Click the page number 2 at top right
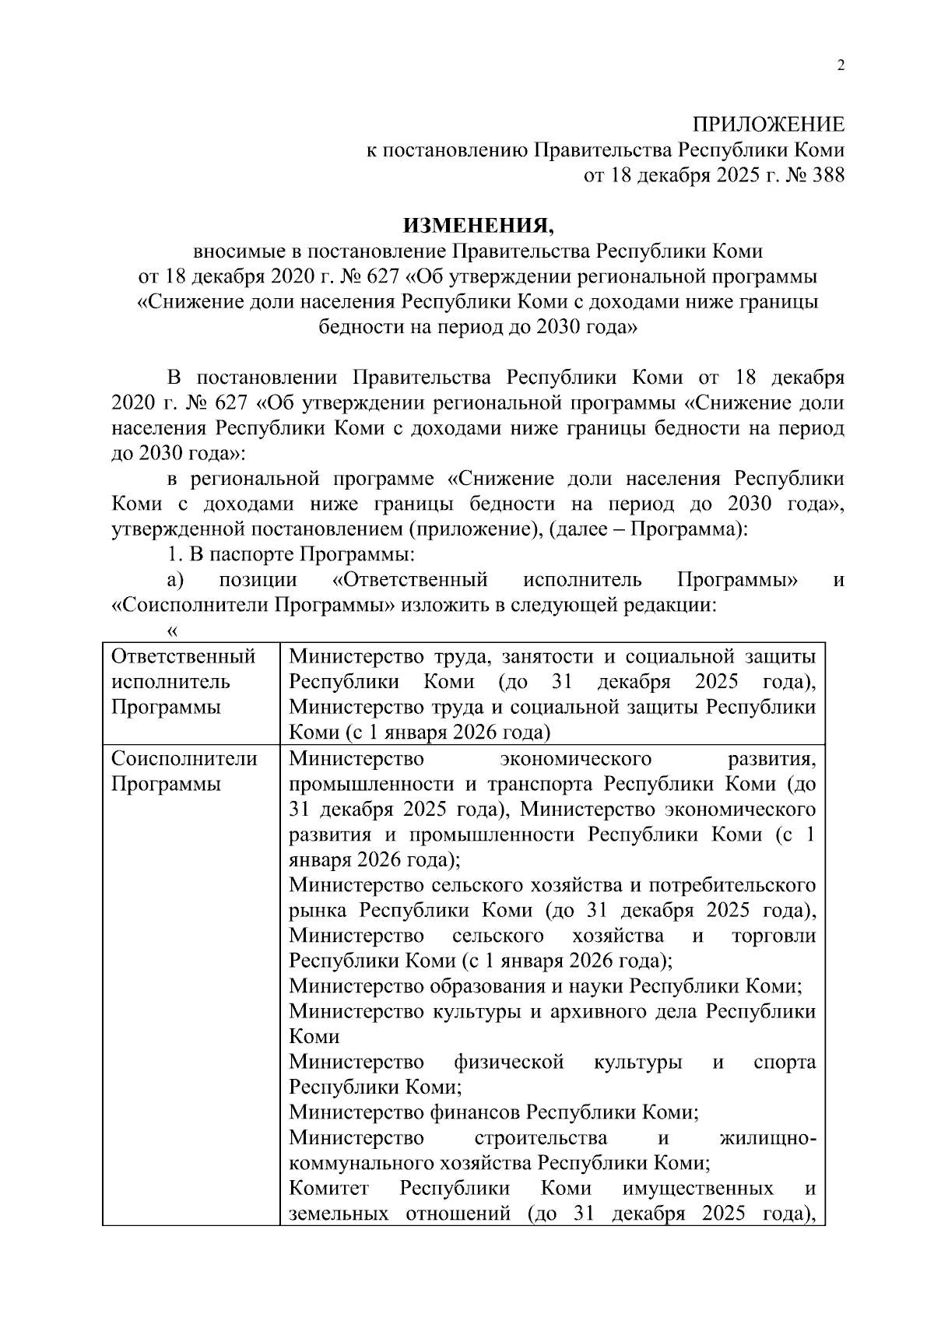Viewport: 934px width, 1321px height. click(840, 65)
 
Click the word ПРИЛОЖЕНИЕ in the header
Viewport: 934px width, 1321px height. click(768, 124)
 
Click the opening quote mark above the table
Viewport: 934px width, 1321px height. click(174, 630)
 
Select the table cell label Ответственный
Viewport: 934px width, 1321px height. click(184, 656)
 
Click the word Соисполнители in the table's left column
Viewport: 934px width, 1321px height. click(184, 758)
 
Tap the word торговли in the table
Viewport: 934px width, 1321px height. click(774, 935)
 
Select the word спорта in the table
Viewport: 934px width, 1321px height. click(785, 1062)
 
